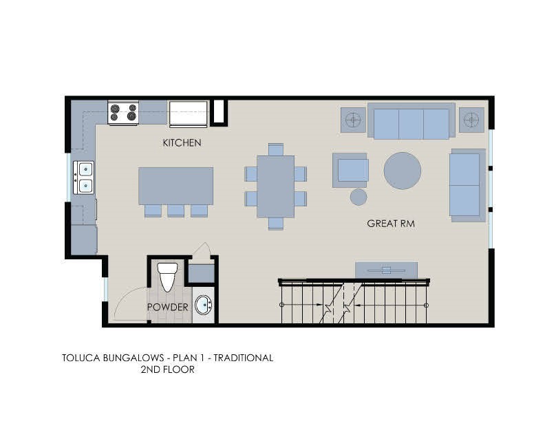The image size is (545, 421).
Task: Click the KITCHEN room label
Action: pyautogui.click(x=182, y=142)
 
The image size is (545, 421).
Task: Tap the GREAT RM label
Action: pyautogui.click(x=390, y=224)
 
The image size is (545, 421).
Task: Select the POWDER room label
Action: pyautogui.click(x=167, y=307)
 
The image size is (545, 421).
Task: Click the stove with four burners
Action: pyautogui.click(x=123, y=113)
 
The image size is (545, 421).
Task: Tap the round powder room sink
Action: pyautogui.click(x=204, y=305)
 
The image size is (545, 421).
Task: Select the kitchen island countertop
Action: pyautogui.click(x=175, y=185)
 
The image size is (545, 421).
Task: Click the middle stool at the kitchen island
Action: pyautogui.click(x=175, y=210)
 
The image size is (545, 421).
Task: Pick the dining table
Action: pyautogui.click(x=275, y=186)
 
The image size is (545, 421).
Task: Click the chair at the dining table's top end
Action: pyautogui.click(x=275, y=149)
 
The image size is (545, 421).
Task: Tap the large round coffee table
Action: pyautogui.click(x=402, y=171)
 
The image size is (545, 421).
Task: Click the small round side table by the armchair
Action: pyautogui.click(x=359, y=197)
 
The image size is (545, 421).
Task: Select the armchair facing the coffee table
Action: pyautogui.click(x=351, y=170)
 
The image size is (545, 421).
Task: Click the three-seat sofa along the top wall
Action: pyautogui.click(x=411, y=122)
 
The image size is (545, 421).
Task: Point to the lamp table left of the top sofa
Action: pyautogui.click(x=354, y=120)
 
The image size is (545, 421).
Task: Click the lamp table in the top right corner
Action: pyautogui.click(x=471, y=120)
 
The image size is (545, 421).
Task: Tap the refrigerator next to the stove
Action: pyautogui.click(x=189, y=113)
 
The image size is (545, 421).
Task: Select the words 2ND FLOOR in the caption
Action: pyautogui.click(x=167, y=369)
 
